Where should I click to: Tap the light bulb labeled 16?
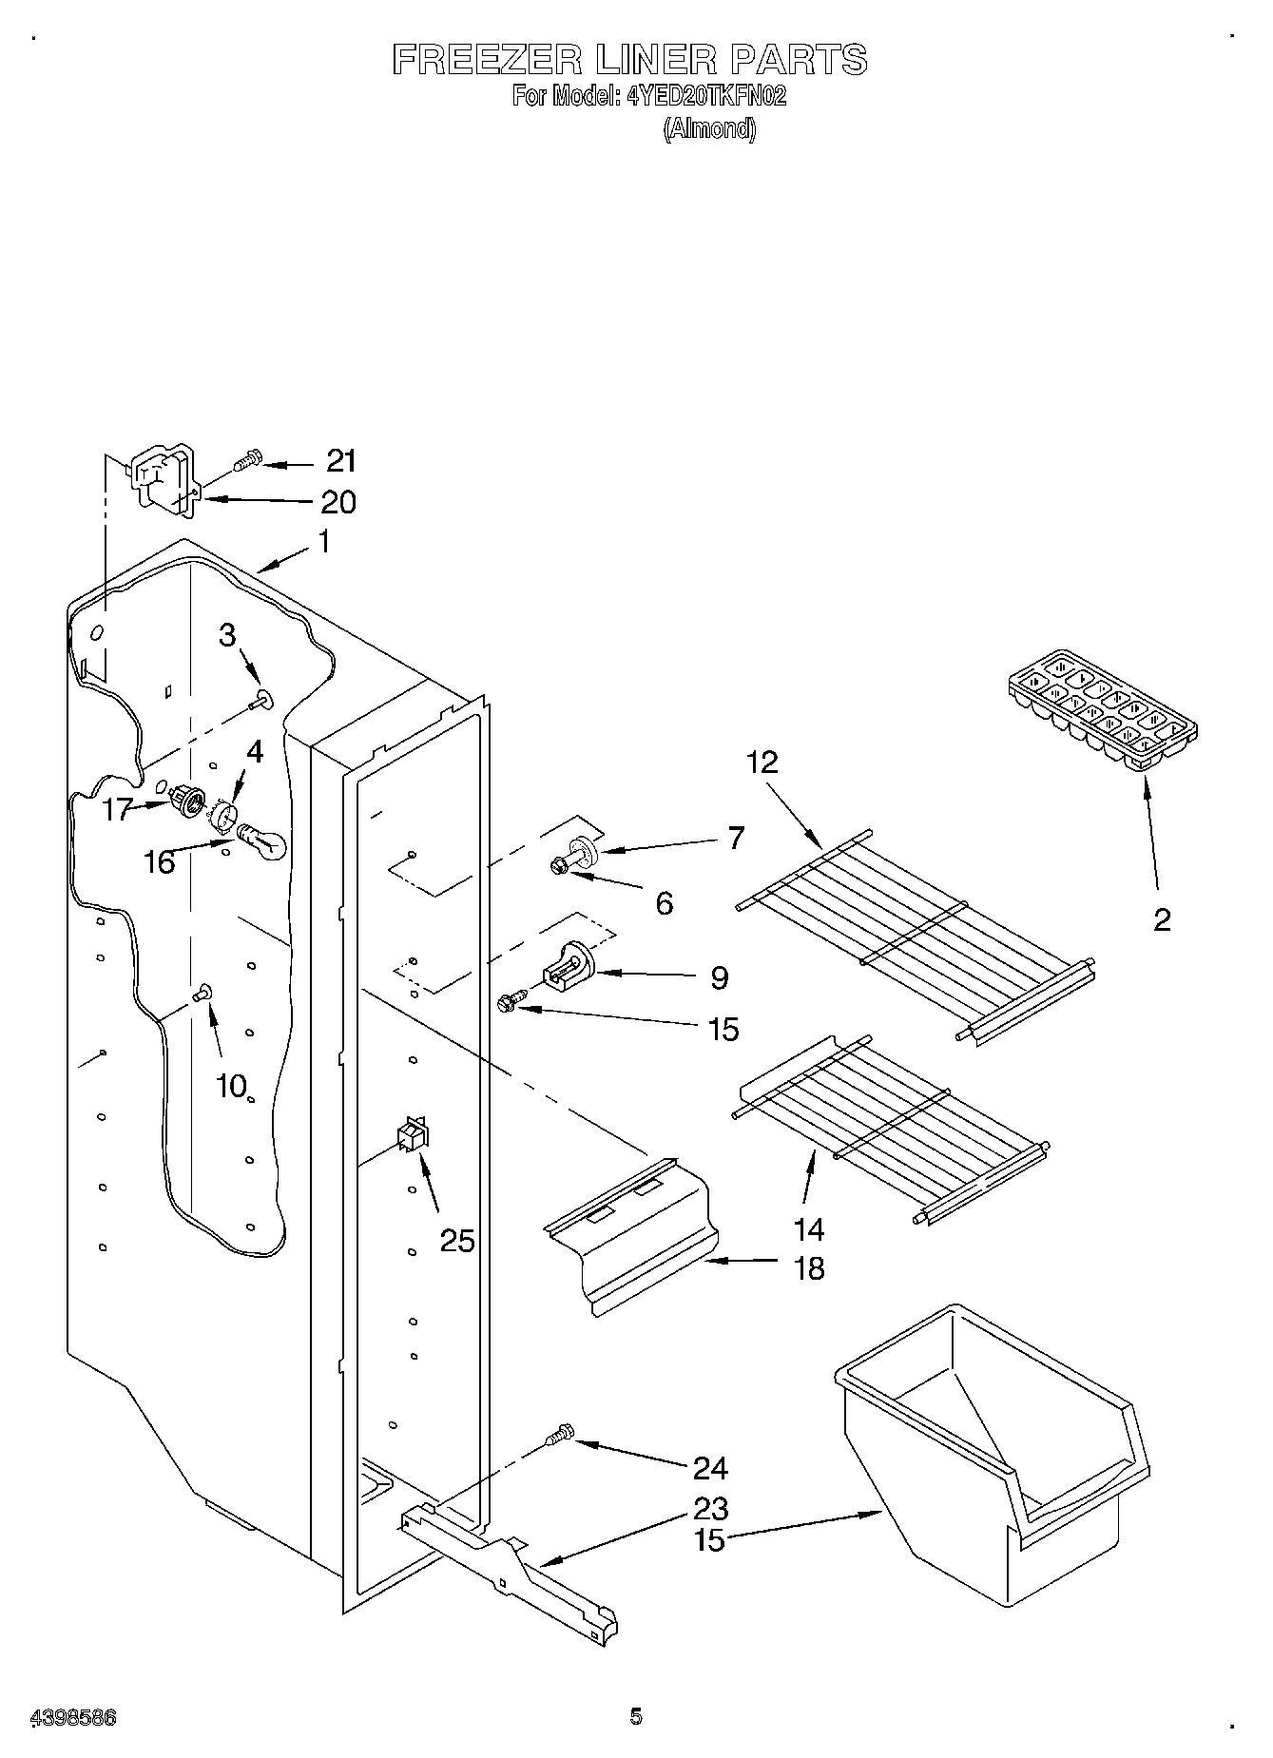click(261, 839)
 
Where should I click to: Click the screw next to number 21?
click(246, 461)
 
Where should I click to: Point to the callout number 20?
click(338, 501)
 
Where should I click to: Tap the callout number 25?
click(456, 1240)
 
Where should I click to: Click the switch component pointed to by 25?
click(412, 1133)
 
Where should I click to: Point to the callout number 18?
click(809, 1267)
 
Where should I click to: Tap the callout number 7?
click(735, 838)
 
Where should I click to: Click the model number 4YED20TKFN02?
click(705, 96)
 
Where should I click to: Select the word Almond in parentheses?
click(709, 129)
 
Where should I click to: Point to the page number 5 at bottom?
click(635, 1716)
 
